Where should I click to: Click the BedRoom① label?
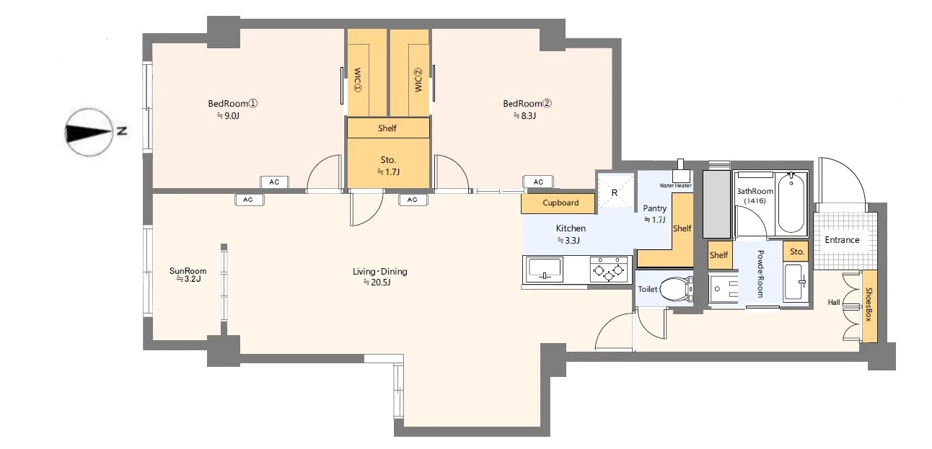232,103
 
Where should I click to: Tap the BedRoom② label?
527,103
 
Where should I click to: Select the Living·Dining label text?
380,272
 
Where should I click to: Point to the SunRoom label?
188,271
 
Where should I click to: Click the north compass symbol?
89,132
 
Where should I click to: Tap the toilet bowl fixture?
676,288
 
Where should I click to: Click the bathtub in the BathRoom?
791,203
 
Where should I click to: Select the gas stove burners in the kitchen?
608,270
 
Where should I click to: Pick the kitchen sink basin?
545,269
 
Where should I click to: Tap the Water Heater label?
675,185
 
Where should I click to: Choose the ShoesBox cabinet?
869,306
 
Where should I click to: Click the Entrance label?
842,240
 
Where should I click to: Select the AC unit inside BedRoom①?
274,182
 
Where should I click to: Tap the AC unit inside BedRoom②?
538,182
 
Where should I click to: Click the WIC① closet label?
357,80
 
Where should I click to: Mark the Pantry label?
654,208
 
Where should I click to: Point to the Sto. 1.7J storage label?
388,166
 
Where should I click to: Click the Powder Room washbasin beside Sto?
796,282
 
